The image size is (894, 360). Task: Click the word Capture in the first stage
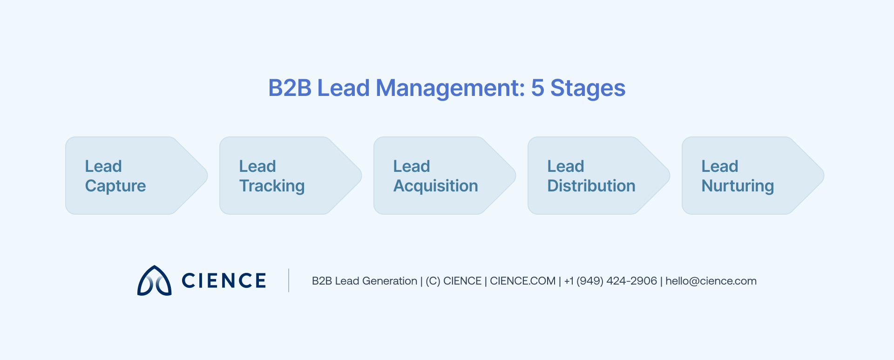pyautogui.click(x=115, y=186)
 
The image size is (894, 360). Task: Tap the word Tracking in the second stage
pyautogui.click(x=272, y=186)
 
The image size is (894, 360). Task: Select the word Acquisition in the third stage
pyautogui.click(x=435, y=186)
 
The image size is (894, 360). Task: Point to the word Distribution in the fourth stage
pyautogui.click(x=591, y=186)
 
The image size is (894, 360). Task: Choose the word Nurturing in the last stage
pyautogui.click(x=738, y=186)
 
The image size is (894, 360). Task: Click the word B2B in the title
pyautogui.click(x=290, y=88)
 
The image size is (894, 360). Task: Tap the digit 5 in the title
pyautogui.click(x=537, y=88)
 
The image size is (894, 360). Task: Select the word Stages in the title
pyautogui.click(x=588, y=88)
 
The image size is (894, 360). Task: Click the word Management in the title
pyautogui.click(x=450, y=88)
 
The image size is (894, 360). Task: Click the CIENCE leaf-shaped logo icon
pyautogui.click(x=154, y=281)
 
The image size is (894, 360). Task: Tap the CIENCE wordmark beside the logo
pyautogui.click(x=223, y=281)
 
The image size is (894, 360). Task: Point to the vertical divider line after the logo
pyautogui.click(x=289, y=280)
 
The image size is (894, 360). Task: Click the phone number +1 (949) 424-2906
pyautogui.click(x=610, y=281)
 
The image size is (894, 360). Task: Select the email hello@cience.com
pyautogui.click(x=711, y=281)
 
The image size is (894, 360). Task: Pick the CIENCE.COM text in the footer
pyautogui.click(x=522, y=281)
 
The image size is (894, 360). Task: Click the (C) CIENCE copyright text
pyautogui.click(x=453, y=281)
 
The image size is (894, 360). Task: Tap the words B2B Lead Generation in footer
pyautogui.click(x=364, y=281)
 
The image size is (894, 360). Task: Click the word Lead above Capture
pyautogui.click(x=103, y=166)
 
